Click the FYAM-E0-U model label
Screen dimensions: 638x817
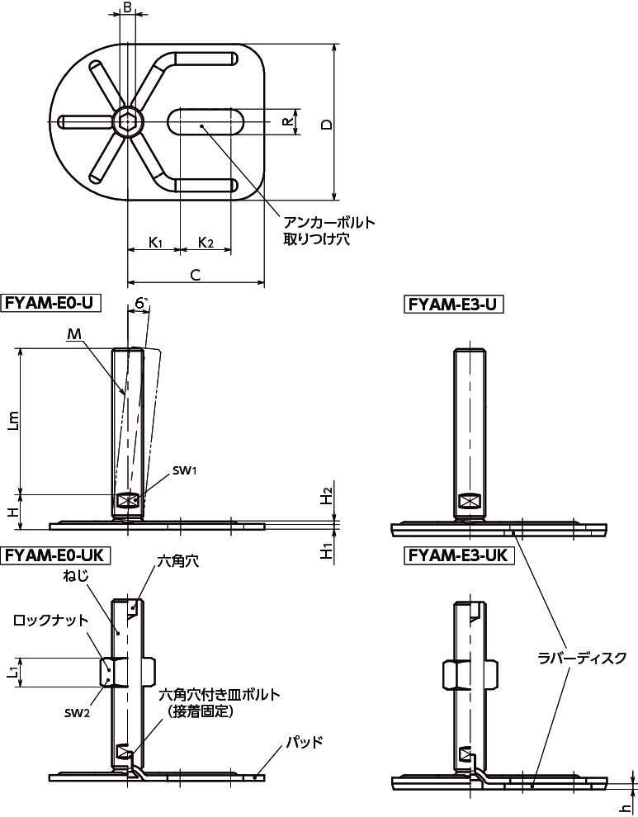[x=52, y=303]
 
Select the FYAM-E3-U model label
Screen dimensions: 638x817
[x=453, y=304]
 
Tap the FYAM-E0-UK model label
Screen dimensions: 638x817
[x=55, y=555]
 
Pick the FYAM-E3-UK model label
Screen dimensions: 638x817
[x=458, y=555]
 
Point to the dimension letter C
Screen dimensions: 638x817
[x=196, y=275]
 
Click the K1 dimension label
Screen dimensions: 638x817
[x=156, y=243]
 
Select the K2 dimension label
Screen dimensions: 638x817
[x=206, y=243]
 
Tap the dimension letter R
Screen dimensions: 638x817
[x=286, y=122]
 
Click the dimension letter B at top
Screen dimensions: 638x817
[x=127, y=7]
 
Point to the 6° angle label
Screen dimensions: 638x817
[x=141, y=303]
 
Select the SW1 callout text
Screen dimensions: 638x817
[x=184, y=471]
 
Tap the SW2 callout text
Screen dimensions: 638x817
[x=77, y=713]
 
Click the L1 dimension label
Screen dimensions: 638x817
[x=13, y=673]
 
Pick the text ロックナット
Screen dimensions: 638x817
[x=50, y=621]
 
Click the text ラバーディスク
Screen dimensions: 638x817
[x=581, y=658]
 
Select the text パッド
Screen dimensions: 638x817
[x=304, y=742]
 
